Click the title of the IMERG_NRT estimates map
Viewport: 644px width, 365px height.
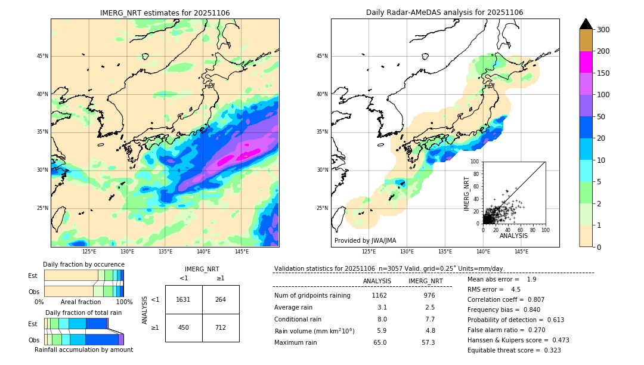point(165,13)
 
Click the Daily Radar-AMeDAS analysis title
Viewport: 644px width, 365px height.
point(444,13)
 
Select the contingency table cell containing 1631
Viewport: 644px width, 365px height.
point(183,299)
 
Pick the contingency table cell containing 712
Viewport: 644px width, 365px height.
point(221,327)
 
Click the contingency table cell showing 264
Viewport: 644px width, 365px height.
point(221,299)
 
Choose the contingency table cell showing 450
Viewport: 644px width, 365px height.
point(183,327)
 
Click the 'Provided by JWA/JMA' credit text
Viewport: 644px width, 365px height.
point(365,240)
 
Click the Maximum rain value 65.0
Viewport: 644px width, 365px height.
point(380,342)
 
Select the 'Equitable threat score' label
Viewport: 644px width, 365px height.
point(504,350)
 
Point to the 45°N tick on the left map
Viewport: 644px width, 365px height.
point(42,56)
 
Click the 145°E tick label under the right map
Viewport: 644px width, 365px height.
point(521,252)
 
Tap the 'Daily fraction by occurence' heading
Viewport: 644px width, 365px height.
point(83,264)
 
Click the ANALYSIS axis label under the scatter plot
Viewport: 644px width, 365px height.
point(513,236)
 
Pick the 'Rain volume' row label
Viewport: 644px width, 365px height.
point(314,330)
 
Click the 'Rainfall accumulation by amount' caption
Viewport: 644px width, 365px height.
point(83,349)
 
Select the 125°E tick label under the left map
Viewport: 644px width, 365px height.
point(89,252)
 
